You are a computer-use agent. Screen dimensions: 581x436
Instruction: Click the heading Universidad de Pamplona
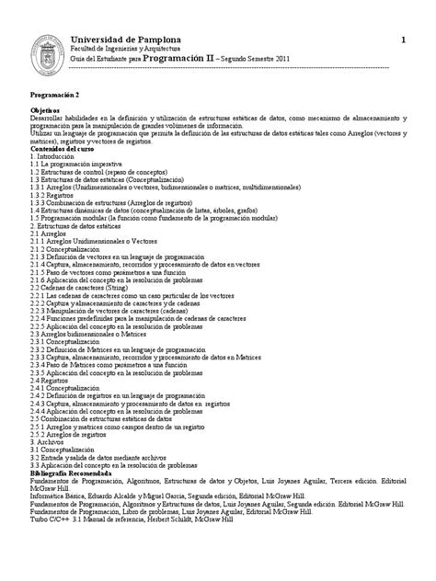pyautogui.click(x=126, y=39)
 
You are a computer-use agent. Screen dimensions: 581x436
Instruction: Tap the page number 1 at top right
pyautogui.click(x=402, y=39)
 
